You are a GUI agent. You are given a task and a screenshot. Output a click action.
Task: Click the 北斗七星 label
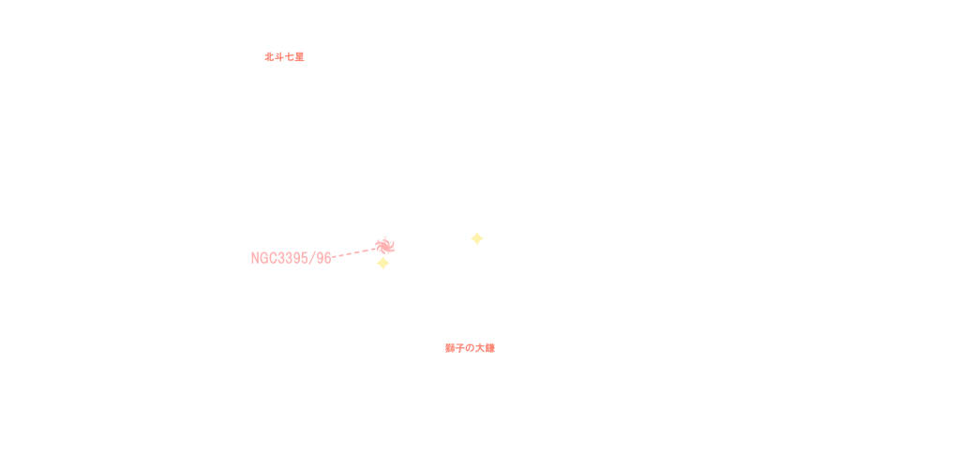(284, 56)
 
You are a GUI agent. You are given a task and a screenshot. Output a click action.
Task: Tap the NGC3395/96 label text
(291, 258)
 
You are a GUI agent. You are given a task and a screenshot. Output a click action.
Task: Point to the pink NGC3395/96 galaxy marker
(384, 246)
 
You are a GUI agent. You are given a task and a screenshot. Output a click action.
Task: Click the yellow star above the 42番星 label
(382, 264)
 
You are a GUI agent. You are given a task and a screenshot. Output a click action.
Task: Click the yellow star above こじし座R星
(477, 238)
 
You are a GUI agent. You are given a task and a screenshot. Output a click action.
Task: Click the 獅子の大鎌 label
(470, 348)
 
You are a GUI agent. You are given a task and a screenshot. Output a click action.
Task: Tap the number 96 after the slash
(323, 258)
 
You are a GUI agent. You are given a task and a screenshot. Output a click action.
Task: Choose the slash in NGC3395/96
(314, 258)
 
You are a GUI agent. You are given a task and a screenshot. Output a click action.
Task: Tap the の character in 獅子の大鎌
(470, 348)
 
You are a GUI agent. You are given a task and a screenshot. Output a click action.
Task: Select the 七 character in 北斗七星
(289, 56)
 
